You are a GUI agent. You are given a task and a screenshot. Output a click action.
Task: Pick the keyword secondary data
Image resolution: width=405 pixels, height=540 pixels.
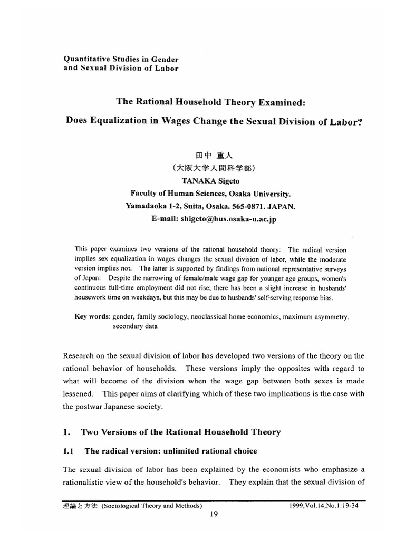(x=134, y=326)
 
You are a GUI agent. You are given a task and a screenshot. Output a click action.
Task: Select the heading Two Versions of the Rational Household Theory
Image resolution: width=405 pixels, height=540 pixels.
(x=180, y=432)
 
